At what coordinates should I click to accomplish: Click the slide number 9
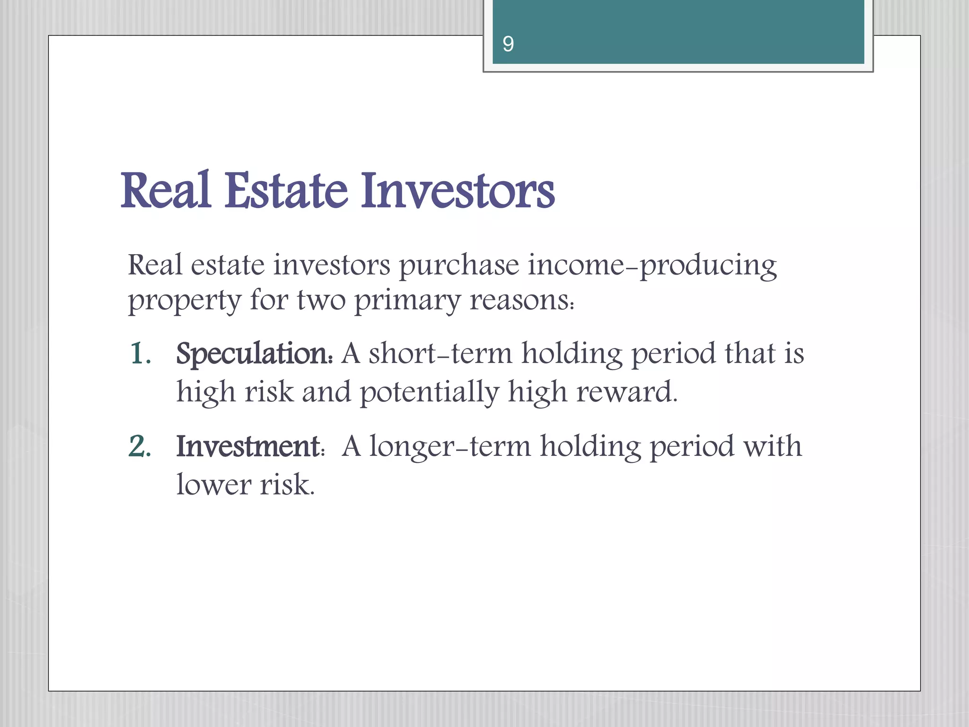[x=508, y=44]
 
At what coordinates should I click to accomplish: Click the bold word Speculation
[x=254, y=354]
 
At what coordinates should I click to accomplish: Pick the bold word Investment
[x=249, y=446]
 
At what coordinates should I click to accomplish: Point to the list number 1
[x=140, y=354]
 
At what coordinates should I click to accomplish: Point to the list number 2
[x=140, y=446]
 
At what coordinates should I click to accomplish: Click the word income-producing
[x=652, y=265]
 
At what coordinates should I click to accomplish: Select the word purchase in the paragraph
[x=459, y=266]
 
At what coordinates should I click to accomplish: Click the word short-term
[x=440, y=354]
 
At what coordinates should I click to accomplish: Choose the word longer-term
[x=450, y=447]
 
